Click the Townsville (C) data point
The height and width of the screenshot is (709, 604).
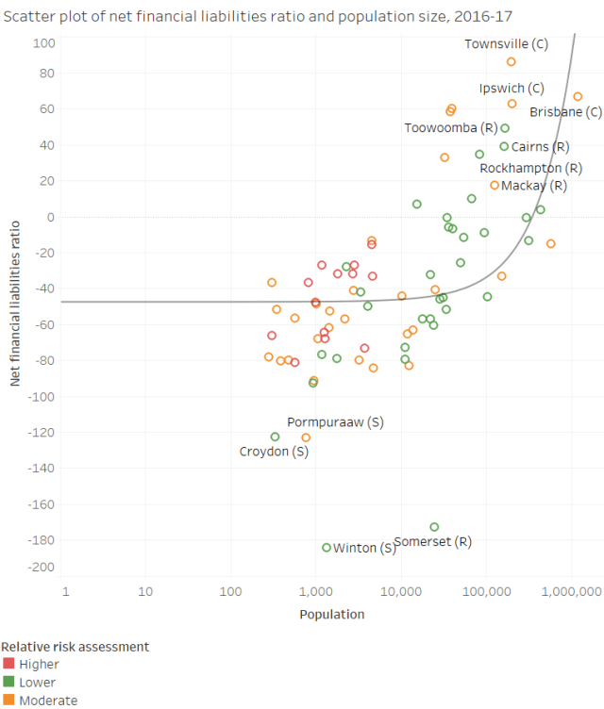(x=511, y=62)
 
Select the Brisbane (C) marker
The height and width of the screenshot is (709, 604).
(x=578, y=97)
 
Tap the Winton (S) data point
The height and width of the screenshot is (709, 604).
(x=327, y=548)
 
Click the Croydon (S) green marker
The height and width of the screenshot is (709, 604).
(x=275, y=437)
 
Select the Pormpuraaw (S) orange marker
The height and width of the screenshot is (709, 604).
(x=306, y=437)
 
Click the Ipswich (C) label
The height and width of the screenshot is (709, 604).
(x=511, y=89)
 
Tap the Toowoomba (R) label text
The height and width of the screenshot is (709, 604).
(x=450, y=128)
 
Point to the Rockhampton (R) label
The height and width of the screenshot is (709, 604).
(x=530, y=169)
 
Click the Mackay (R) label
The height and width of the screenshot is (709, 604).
(x=534, y=186)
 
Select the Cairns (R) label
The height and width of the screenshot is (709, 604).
(x=540, y=147)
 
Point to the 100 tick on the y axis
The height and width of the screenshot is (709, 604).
(x=44, y=43)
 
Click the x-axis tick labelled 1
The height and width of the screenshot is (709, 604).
(x=65, y=591)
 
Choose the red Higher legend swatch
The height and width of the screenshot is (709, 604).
(x=8, y=665)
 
